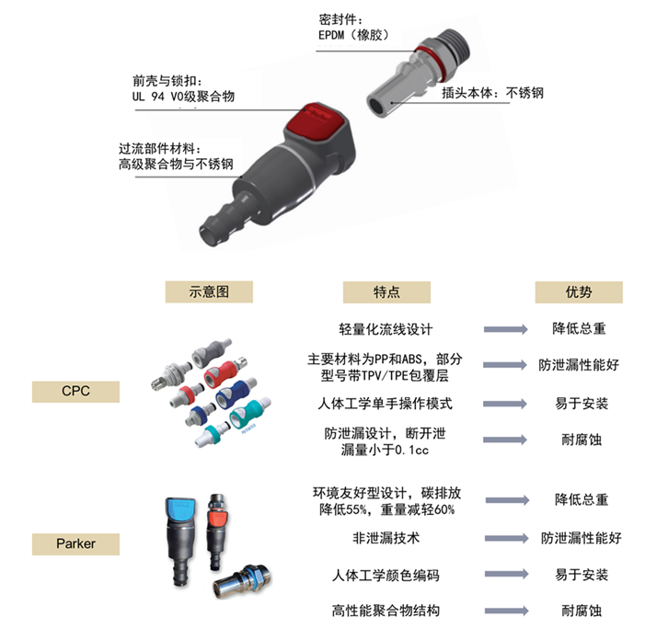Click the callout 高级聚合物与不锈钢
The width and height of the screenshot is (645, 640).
[x=175, y=165]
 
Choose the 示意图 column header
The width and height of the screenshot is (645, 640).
[x=208, y=291]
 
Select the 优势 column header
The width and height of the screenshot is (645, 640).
[x=579, y=291]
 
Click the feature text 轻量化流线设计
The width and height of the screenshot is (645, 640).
[x=386, y=328]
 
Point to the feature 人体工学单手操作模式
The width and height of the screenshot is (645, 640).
[x=386, y=404]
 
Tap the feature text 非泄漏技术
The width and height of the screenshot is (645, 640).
[x=386, y=538]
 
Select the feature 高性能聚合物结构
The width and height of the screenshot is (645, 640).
[x=386, y=611]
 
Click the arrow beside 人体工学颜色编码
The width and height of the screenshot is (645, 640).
[x=505, y=575]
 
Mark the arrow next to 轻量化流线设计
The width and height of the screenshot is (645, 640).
[x=505, y=328]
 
